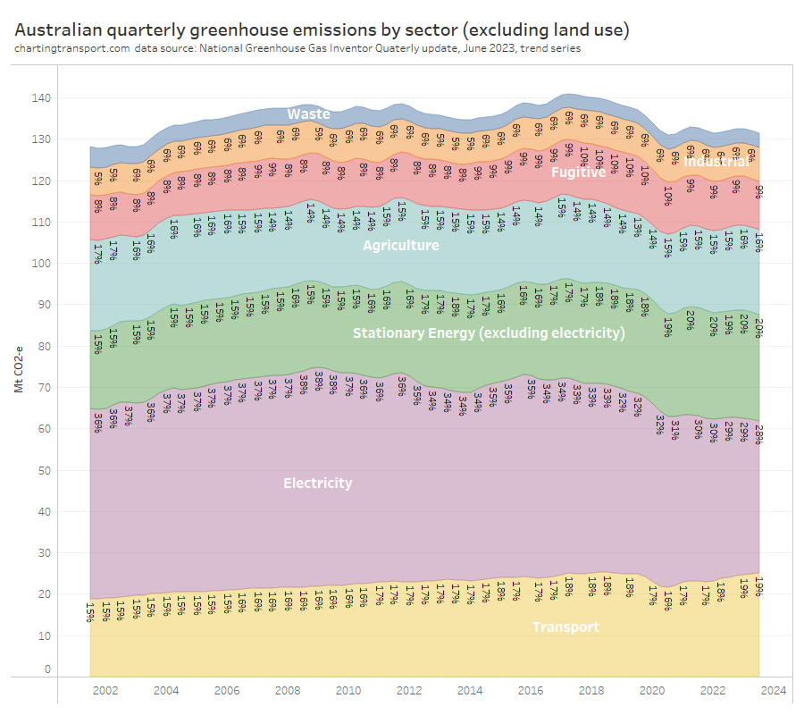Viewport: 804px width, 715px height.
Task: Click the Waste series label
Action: tap(308, 114)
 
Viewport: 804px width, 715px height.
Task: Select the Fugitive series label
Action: tap(578, 172)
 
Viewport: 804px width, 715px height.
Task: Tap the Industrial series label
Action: tap(716, 163)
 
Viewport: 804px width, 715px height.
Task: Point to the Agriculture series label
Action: tap(400, 245)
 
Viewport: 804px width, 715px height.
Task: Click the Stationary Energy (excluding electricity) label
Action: tap(489, 333)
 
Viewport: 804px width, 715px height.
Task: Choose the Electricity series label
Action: tap(317, 484)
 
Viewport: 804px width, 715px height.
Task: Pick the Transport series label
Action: tap(565, 627)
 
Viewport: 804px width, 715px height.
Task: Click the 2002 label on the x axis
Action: tap(105, 691)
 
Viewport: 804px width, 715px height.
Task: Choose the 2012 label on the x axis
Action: tap(409, 691)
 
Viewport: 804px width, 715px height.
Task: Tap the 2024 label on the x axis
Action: tap(774, 691)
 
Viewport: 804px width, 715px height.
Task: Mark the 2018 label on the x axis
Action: tap(591, 691)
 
